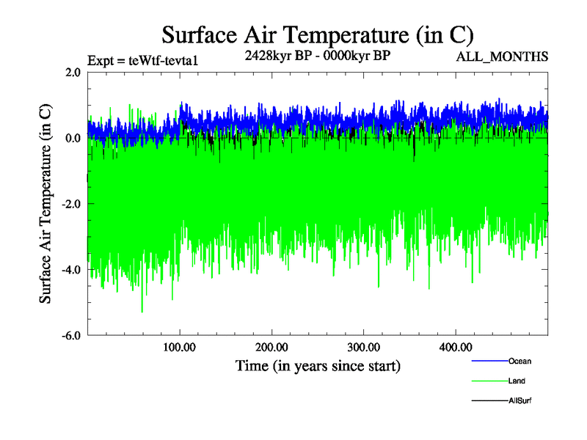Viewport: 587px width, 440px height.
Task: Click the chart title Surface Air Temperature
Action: pos(317,34)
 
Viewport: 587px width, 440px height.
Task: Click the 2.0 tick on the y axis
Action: pos(72,72)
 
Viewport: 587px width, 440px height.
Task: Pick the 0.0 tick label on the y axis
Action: pos(72,138)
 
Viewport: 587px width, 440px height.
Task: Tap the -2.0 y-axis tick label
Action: pos(70,204)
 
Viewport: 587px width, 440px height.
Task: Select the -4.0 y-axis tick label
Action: pos(70,270)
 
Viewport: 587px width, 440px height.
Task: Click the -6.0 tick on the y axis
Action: pos(70,336)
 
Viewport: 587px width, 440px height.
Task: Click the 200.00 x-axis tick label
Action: pos(271,347)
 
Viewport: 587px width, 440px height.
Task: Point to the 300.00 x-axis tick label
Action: pos(363,347)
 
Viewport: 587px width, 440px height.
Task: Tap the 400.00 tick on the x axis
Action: pos(455,347)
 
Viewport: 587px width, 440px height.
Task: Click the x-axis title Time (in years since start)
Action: pos(318,365)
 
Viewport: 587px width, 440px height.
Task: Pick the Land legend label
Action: pos(517,381)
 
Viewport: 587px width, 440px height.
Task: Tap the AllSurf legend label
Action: pos(519,401)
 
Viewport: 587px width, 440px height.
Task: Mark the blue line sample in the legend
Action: pos(489,361)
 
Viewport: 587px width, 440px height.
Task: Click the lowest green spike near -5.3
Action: pos(142,312)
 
